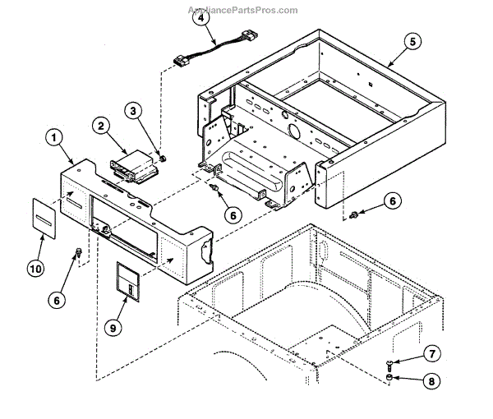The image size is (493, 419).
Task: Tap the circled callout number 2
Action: [x=100, y=126]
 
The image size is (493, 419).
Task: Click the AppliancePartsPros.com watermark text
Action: [x=243, y=10]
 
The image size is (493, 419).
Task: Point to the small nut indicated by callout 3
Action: [x=161, y=157]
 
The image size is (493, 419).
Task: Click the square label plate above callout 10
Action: [x=46, y=214]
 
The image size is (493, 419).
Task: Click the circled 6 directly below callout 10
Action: [x=57, y=301]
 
